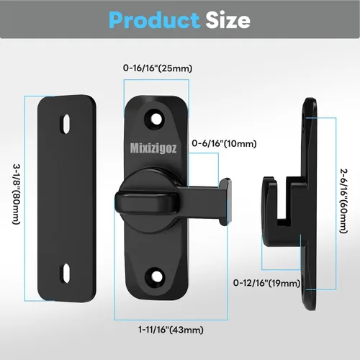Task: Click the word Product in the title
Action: pos(154,20)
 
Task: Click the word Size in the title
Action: pos(228,20)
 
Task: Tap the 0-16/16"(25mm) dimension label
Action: pos(158,68)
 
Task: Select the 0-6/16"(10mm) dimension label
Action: pos(224,143)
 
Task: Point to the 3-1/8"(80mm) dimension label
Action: pos(17,194)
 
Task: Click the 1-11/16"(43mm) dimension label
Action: pos(171,330)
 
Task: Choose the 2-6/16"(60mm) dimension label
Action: pos(343,201)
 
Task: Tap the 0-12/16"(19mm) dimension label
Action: pos(266,283)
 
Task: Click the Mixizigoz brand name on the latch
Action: pos(153,148)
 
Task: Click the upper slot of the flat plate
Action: pos(66,123)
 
